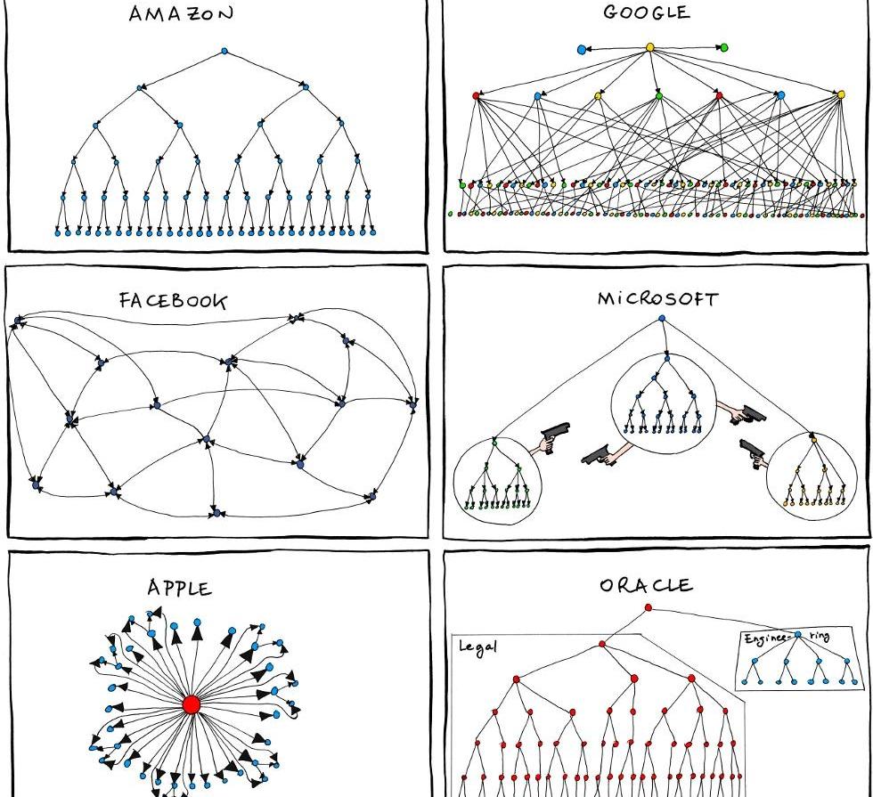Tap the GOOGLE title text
point(646,12)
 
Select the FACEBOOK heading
point(173,300)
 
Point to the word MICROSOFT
point(657,299)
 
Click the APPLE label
point(180,588)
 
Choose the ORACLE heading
point(646,585)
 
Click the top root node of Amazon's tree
point(224,52)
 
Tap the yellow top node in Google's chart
point(649,47)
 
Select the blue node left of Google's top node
point(582,49)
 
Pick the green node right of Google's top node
point(723,47)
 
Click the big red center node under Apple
point(191,704)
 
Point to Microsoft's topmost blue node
point(662,318)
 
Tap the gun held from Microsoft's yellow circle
point(753,451)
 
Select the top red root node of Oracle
point(648,608)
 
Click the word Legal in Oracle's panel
point(477,646)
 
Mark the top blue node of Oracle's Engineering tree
point(798,635)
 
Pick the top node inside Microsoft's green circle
point(494,442)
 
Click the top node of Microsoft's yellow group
point(813,439)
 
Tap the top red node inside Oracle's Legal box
point(602,643)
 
